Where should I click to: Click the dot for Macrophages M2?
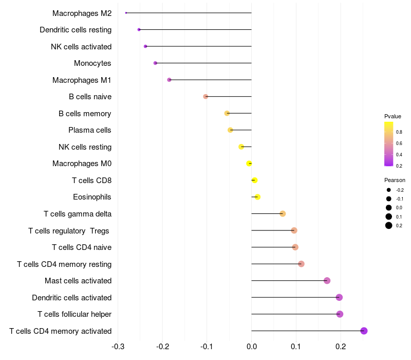pos(126,13)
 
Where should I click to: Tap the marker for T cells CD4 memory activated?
pos(364,331)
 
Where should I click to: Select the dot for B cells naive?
pos(206,97)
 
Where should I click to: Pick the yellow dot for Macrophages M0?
pos(249,164)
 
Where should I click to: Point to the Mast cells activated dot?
pos(327,281)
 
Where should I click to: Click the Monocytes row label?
pos(92,63)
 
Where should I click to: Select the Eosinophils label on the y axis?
pos(92,197)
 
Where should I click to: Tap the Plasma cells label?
pos(90,130)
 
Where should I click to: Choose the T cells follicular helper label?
pos(74,314)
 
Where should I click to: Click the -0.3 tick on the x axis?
pos(118,346)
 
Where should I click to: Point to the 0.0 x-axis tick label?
pos(251,346)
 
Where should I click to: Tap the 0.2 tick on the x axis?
pos(340,346)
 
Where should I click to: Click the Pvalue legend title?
pos(393,116)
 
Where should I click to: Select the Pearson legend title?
pos(395,180)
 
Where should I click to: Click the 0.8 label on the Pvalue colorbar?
pos(399,132)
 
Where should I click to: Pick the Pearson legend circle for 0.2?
pos(389,225)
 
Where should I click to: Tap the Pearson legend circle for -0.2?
pos(389,190)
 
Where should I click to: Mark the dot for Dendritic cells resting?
pos(139,30)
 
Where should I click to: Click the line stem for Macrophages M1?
pos(211,80)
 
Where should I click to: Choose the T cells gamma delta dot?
pos(283,214)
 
